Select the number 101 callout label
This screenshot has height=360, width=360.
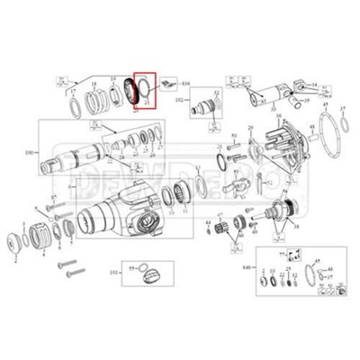(x=113, y=270)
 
